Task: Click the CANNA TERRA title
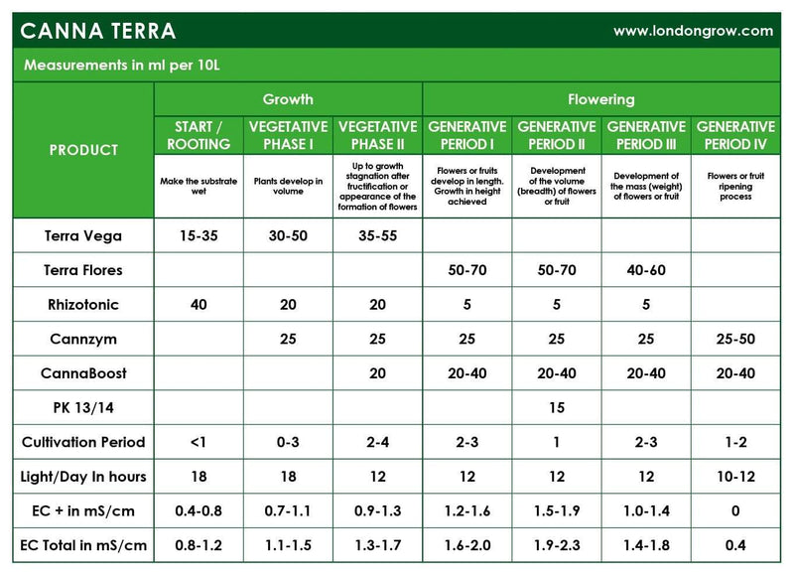coord(98,31)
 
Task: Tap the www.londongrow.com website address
coord(693,31)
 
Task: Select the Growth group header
coord(288,99)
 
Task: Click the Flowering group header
coord(601,99)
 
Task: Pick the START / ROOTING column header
coord(198,135)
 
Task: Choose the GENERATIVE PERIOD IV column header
coord(735,135)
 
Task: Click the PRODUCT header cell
coord(84,150)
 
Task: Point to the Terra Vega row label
coord(84,236)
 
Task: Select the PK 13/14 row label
coord(84,408)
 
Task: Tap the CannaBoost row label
coord(84,373)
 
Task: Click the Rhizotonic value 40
coord(198,305)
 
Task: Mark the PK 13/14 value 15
coord(557,408)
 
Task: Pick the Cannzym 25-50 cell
coord(735,340)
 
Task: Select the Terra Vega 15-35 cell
coord(198,236)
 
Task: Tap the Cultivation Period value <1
coord(198,443)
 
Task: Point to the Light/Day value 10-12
coord(735,477)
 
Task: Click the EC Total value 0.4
coord(735,545)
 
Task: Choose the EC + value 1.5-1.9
coord(557,511)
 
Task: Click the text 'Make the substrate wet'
coord(198,186)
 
